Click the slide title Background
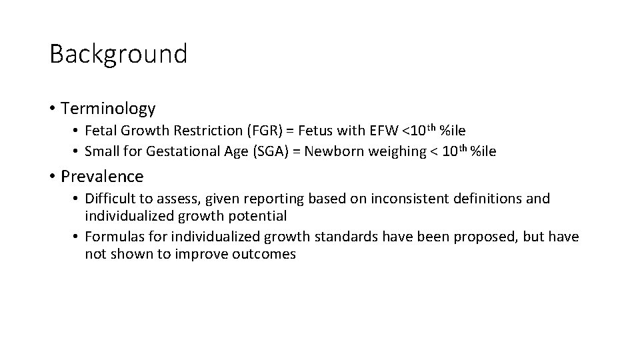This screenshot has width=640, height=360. (x=118, y=54)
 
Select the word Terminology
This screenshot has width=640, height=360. (x=108, y=108)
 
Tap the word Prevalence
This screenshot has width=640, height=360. (x=102, y=177)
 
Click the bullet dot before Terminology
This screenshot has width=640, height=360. (x=52, y=109)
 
